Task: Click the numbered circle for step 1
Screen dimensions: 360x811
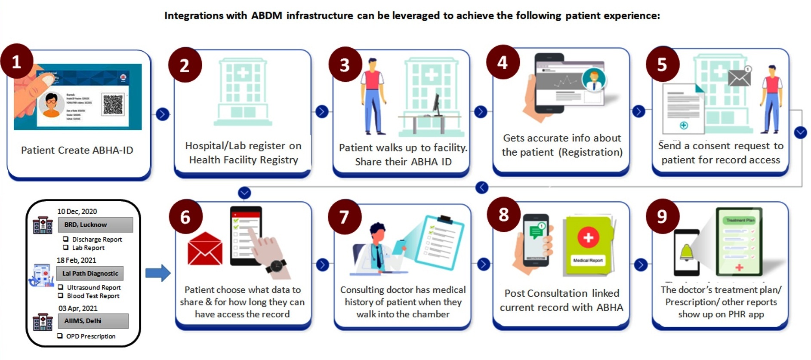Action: pyautogui.click(x=16, y=62)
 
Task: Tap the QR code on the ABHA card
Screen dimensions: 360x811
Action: pyautogui.click(x=113, y=105)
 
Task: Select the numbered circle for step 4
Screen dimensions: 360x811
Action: pyautogui.click(x=503, y=62)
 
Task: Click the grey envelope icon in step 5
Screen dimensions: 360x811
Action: pyautogui.click(x=739, y=77)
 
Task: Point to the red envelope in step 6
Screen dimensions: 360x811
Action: pyautogui.click(x=205, y=249)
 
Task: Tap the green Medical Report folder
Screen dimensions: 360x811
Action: pyautogui.click(x=588, y=246)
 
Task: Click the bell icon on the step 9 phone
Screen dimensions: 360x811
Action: pyautogui.click(x=686, y=252)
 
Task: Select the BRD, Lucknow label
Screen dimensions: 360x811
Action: pyautogui.click(x=95, y=225)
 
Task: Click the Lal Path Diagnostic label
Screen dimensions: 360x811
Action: pyautogui.click(x=90, y=273)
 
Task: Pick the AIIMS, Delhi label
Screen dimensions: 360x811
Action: pyautogui.click(x=93, y=321)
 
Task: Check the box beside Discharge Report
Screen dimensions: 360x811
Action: pyautogui.click(x=66, y=239)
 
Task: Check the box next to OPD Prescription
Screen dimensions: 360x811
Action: pyautogui.click(x=60, y=336)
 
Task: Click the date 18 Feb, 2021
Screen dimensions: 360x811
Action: pyautogui.click(x=77, y=260)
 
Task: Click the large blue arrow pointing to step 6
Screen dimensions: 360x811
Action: pyautogui.click(x=158, y=273)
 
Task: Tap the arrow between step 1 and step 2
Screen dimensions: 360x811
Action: pyautogui.click(x=162, y=114)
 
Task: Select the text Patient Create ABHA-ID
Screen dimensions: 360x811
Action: pyautogui.click(x=77, y=150)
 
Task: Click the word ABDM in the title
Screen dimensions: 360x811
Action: pyautogui.click(x=267, y=15)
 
